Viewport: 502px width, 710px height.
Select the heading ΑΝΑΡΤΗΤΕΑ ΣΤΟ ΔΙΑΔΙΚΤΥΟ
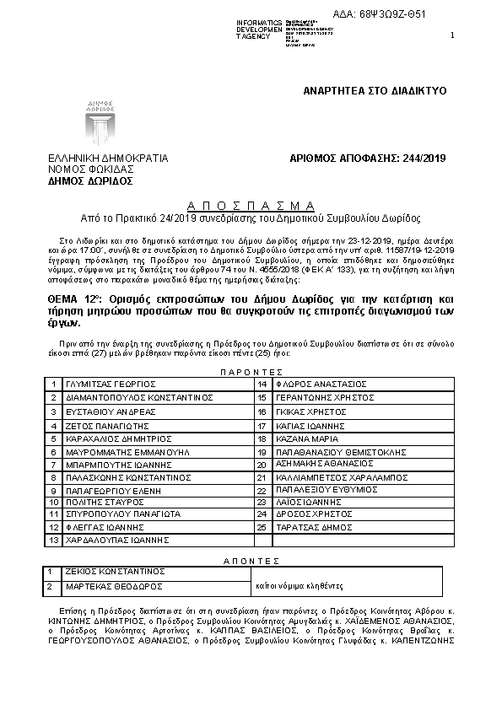click(375, 89)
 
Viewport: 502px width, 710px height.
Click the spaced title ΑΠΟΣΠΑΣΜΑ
click(251, 205)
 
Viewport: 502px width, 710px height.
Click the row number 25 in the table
click(262, 527)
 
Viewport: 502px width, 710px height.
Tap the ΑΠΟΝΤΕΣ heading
click(251, 560)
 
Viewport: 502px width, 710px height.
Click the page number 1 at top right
click(453, 35)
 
